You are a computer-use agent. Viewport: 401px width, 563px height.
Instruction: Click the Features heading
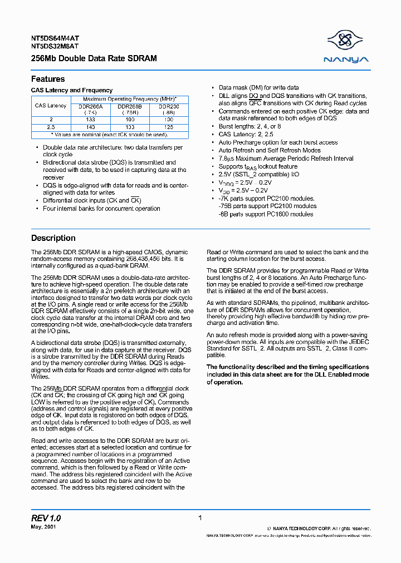[x=48, y=79]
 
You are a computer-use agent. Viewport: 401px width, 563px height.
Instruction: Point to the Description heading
[x=53, y=238]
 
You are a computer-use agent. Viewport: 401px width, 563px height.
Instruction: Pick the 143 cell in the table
[x=90, y=127]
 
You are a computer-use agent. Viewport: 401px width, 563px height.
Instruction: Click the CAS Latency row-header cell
[x=51, y=106]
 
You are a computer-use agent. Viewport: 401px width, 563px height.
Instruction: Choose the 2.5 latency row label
[x=51, y=127]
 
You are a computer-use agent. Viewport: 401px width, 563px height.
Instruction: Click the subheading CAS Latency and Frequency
[x=72, y=90]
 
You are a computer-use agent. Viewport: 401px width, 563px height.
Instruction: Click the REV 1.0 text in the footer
[x=46, y=518]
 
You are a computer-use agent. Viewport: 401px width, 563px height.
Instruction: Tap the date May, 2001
[x=43, y=527]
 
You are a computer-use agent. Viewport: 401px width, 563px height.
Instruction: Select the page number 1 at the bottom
[x=200, y=518]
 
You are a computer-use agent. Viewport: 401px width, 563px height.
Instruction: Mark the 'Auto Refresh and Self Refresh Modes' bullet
[x=270, y=150]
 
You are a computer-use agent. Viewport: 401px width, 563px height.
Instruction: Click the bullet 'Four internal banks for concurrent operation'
[x=101, y=209]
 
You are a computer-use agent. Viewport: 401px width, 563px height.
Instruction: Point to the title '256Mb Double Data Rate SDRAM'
[x=94, y=58]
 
